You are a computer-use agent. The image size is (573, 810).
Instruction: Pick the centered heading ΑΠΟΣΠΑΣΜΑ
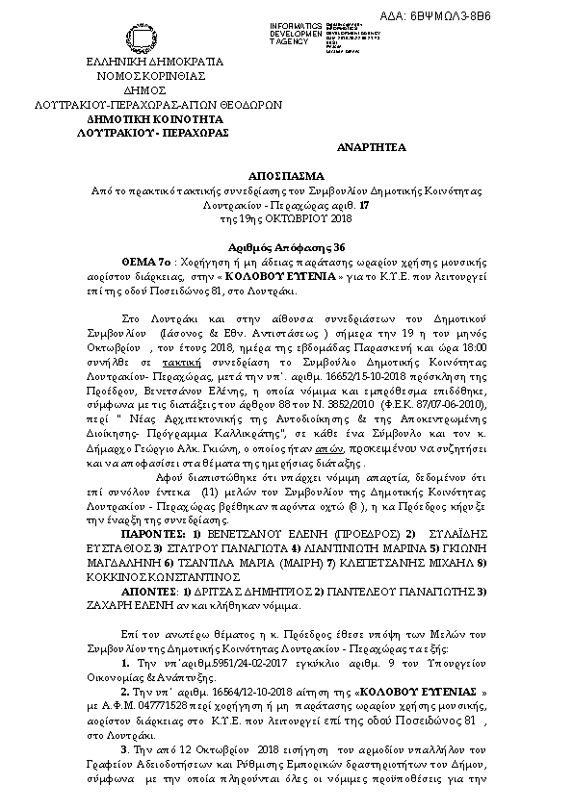(x=286, y=178)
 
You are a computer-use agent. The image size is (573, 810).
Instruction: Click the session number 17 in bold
(x=363, y=205)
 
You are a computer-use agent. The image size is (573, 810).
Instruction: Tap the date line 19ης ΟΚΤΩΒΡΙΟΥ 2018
(x=286, y=218)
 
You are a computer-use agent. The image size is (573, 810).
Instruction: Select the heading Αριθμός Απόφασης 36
(x=286, y=246)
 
